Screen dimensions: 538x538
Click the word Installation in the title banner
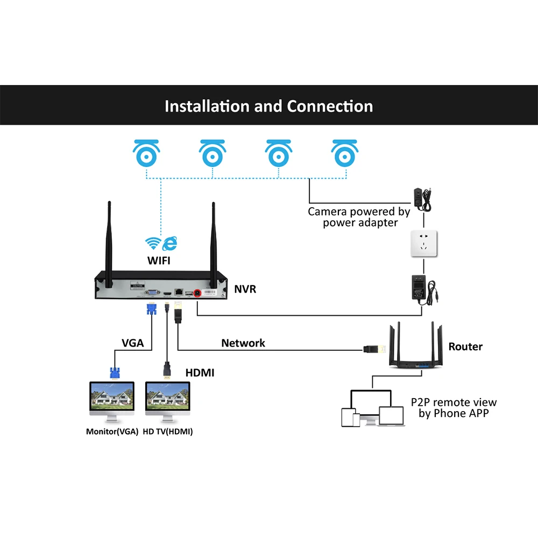[207, 106]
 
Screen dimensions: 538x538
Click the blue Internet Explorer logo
[170, 243]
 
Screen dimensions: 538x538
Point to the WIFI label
[159, 261]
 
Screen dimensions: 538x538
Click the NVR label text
[245, 289]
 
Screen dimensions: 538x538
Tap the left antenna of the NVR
[109, 244]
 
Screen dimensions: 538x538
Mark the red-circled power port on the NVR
[197, 293]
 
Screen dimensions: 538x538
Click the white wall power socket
[424, 244]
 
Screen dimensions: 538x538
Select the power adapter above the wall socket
[422, 200]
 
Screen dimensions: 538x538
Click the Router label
[465, 346]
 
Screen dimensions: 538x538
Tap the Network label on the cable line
[243, 343]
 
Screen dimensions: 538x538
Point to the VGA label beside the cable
[132, 343]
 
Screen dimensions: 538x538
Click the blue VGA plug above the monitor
[115, 373]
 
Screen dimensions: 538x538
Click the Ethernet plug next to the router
[374, 349]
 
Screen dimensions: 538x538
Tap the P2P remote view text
[454, 402]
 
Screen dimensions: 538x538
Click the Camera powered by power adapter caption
[359, 217]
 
